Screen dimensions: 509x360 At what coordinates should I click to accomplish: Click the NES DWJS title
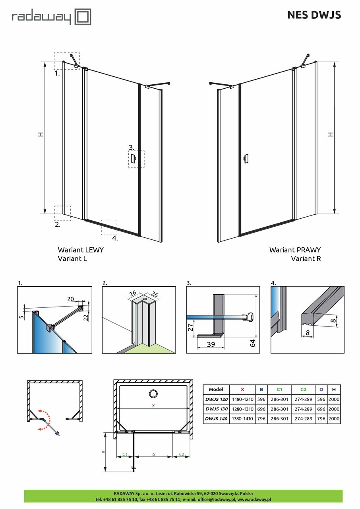314,15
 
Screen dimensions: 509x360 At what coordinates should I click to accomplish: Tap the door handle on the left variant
134,159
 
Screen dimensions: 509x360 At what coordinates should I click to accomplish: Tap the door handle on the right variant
246,158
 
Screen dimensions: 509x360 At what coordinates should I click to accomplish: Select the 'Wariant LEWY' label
81,250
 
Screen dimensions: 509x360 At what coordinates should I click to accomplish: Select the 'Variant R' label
306,258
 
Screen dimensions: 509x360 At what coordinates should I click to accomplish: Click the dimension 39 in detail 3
211,344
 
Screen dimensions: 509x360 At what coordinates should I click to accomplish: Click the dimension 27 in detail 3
191,327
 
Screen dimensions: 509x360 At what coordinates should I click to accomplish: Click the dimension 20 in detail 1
71,299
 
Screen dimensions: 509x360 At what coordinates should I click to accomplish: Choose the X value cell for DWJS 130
242,409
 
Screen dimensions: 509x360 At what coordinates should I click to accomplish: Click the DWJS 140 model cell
216,419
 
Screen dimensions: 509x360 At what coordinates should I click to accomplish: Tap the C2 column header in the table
304,390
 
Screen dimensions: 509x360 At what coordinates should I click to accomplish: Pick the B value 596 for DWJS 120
261,399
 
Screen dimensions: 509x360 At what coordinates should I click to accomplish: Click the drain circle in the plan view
153,394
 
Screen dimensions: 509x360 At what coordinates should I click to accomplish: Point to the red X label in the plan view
153,406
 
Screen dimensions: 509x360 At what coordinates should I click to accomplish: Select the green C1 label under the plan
124,454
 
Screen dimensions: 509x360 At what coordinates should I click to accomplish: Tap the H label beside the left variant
40,135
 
